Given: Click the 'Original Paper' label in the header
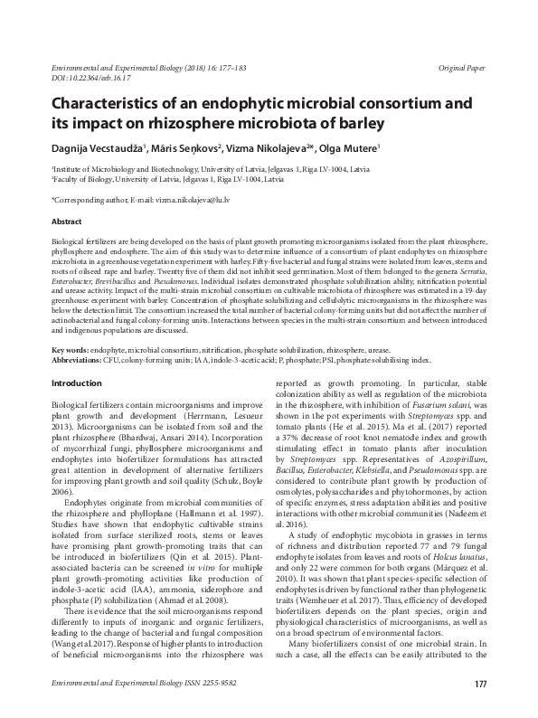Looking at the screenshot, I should pyautogui.click(x=461, y=69).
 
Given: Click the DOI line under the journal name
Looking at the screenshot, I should pyautogui.click(x=84, y=80).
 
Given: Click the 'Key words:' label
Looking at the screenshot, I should pyautogui.click(x=72, y=373).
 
